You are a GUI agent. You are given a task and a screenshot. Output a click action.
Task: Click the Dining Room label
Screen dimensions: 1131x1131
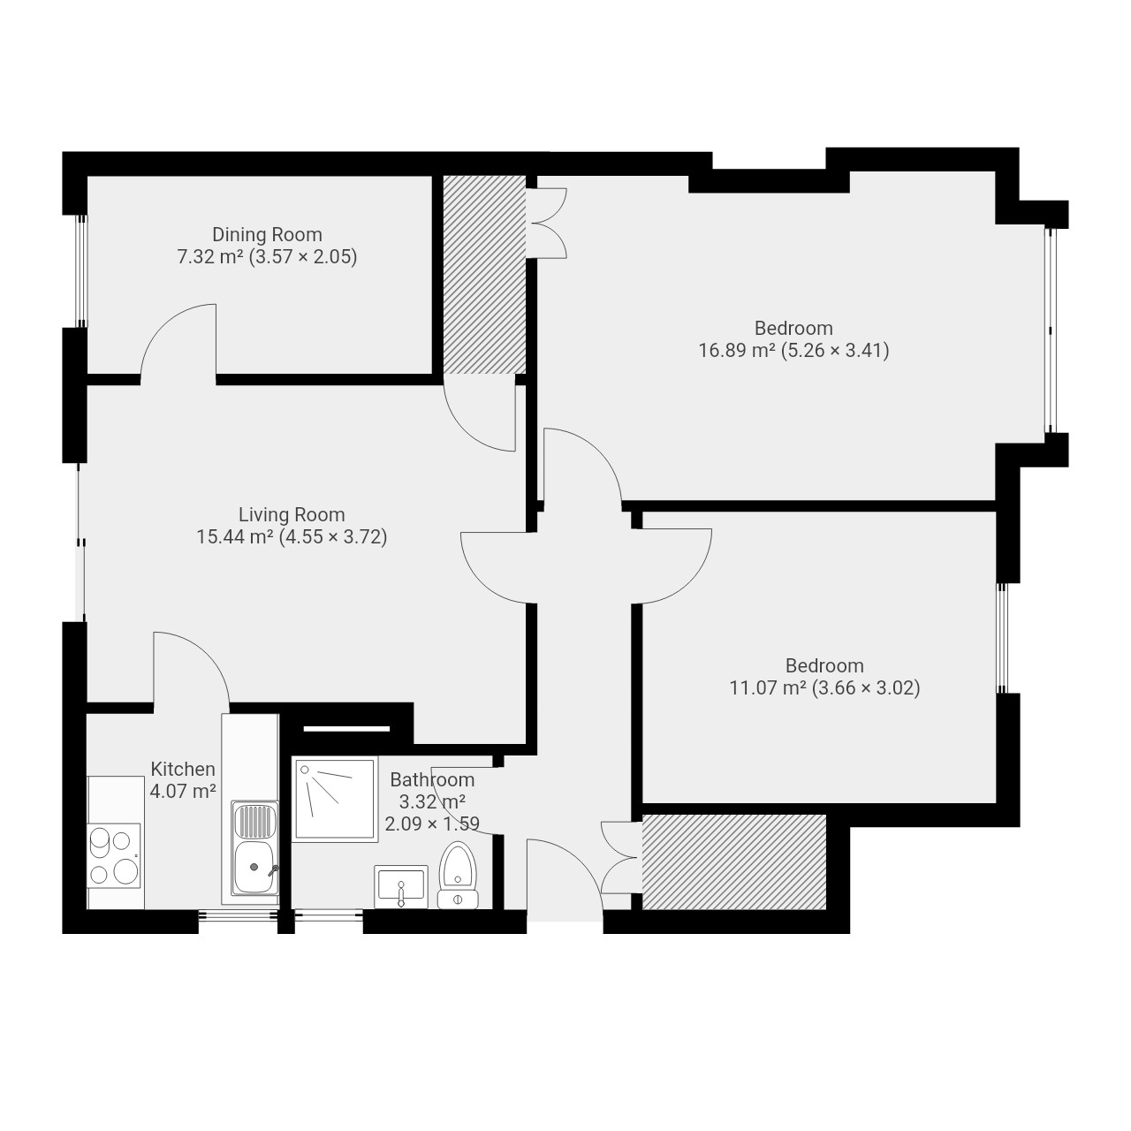click(x=267, y=235)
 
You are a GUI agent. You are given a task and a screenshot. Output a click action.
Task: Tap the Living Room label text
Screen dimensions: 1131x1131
click(x=292, y=515)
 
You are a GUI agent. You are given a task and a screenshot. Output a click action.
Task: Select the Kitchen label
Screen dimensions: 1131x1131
click(x=183, y=769)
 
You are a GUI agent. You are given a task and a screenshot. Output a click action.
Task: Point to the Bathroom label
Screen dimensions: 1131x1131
click(x=432, y=779)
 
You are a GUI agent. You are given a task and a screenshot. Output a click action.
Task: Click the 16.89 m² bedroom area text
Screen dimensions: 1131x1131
click(x=793, y=351)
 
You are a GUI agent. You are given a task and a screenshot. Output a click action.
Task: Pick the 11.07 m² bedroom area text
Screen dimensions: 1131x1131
click(x=824, y=687)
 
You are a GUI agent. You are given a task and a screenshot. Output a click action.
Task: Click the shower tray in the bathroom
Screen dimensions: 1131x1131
click(x=335, y=800)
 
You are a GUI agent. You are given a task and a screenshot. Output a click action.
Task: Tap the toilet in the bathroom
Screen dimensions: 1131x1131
click(x=458, y=876)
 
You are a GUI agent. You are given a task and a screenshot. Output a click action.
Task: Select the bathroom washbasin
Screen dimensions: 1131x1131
click(x=401, y=886)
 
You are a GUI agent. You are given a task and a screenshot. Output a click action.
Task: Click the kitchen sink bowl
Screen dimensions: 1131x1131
click(x=254, y=867)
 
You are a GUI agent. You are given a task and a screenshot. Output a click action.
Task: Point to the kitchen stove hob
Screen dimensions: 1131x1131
click(x=114, y=855)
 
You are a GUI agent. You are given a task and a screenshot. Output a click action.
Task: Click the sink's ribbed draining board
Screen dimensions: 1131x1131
click(x=254, y=821)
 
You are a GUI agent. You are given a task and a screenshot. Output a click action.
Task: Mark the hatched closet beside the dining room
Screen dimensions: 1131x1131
click(x=484, y=274)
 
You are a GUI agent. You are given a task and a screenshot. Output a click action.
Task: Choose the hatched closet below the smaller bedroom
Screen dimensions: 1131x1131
click(x=734, y=862)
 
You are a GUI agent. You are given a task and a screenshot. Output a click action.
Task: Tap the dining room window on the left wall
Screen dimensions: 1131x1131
click(x=81, y=270)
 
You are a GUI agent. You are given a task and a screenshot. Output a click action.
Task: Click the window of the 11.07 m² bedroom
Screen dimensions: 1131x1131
click(x=1003, y=638)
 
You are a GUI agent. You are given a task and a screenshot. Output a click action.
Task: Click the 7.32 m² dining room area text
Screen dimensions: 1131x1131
click(x=267, y=257)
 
